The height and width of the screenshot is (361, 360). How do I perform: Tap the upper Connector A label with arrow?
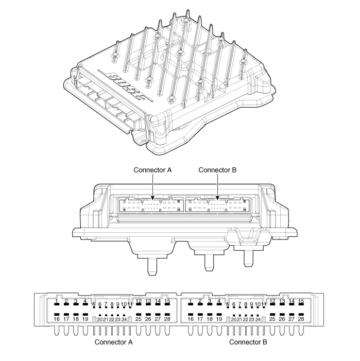pos(152,170)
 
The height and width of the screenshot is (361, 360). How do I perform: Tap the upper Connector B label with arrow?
pos(217,170)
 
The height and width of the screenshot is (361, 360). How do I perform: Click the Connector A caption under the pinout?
pos(113,341)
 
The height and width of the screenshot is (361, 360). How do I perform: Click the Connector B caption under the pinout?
pos(248,341)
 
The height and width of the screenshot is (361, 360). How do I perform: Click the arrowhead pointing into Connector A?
pos(153,197)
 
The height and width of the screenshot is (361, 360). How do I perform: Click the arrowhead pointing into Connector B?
pos(218,197)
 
